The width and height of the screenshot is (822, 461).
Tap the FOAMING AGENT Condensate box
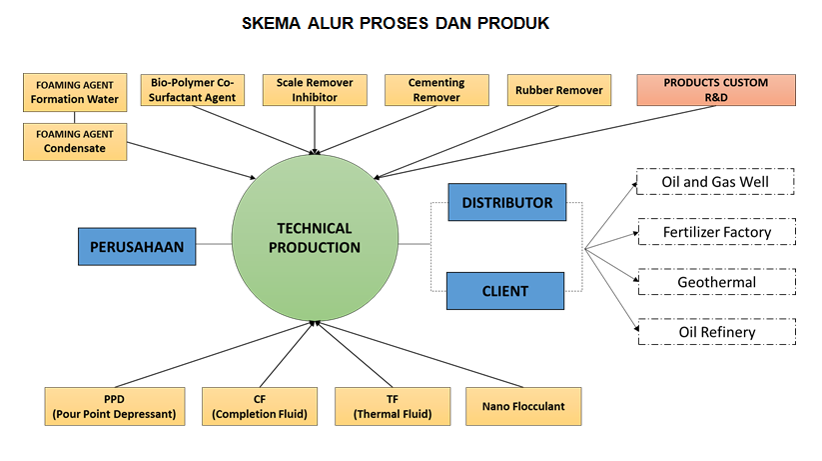point(76,141)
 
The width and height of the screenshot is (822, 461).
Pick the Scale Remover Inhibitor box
point(316,90)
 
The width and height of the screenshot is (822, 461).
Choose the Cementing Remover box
point(436,90)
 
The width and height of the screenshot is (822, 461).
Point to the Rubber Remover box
point(558,90)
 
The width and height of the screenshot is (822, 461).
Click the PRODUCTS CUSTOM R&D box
point(715,90)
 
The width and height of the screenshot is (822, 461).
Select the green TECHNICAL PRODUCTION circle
point(314,238)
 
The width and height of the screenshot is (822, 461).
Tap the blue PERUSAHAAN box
point(138,247)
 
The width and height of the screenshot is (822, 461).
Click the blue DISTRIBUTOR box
point(506,203)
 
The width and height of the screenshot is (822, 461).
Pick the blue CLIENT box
point(504,291)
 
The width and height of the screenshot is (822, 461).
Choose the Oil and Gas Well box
point(715,183)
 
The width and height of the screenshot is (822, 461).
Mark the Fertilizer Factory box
point(715,233)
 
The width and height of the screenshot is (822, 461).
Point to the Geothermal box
point(715,282)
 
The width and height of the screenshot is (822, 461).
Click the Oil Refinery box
point(715,332)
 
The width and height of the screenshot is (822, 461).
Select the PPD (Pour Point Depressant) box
point(114,406)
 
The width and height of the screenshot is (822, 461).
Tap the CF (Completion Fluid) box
point(259,406)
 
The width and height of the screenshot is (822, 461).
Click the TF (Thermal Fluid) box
point(393,406)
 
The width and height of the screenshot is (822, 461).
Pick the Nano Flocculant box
point(522,406)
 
